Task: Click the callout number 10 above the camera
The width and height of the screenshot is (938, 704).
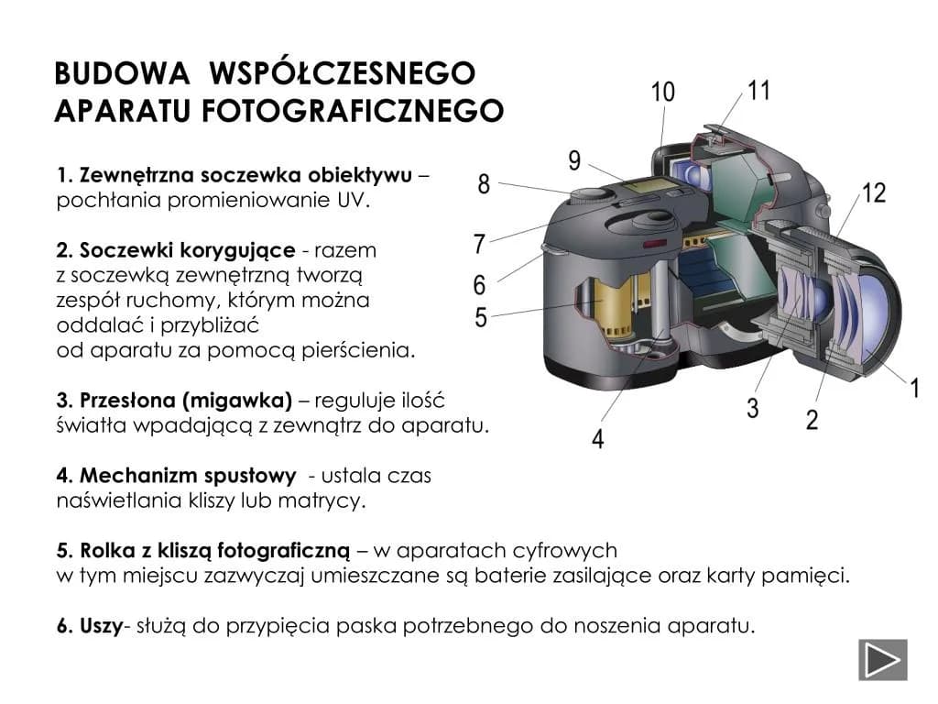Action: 662,92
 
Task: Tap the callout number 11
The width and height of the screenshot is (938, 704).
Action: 758,90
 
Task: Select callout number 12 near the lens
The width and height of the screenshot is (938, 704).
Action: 874,193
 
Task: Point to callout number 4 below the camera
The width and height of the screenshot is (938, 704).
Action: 598,439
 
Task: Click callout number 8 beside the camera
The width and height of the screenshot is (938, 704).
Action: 484,184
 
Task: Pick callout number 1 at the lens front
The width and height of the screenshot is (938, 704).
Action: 914,388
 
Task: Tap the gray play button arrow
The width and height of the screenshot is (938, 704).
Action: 882,659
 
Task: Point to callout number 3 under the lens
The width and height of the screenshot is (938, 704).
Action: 752,408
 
